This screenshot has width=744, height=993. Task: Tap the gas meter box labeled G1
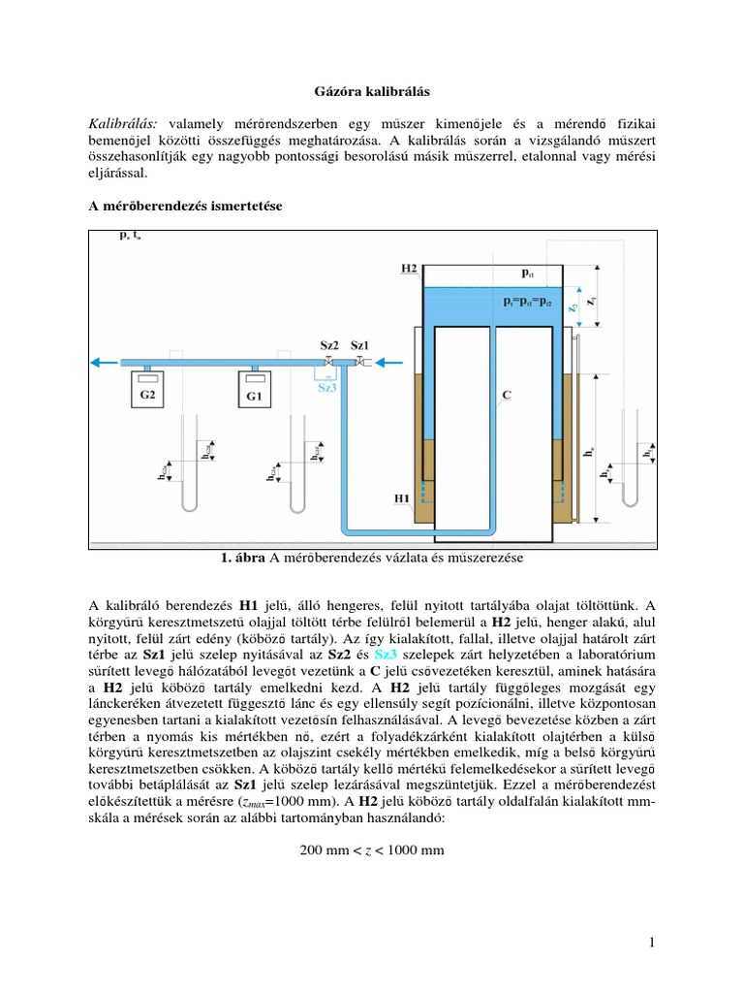click(253, 395)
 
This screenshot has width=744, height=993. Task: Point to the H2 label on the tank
click(408, 267)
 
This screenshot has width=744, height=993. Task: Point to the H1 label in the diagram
click(402, 498)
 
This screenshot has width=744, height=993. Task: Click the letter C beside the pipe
click(509, 395)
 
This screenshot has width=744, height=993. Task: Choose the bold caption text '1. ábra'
click(243, 559)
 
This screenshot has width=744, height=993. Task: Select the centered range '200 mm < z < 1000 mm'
click(372, 850)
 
